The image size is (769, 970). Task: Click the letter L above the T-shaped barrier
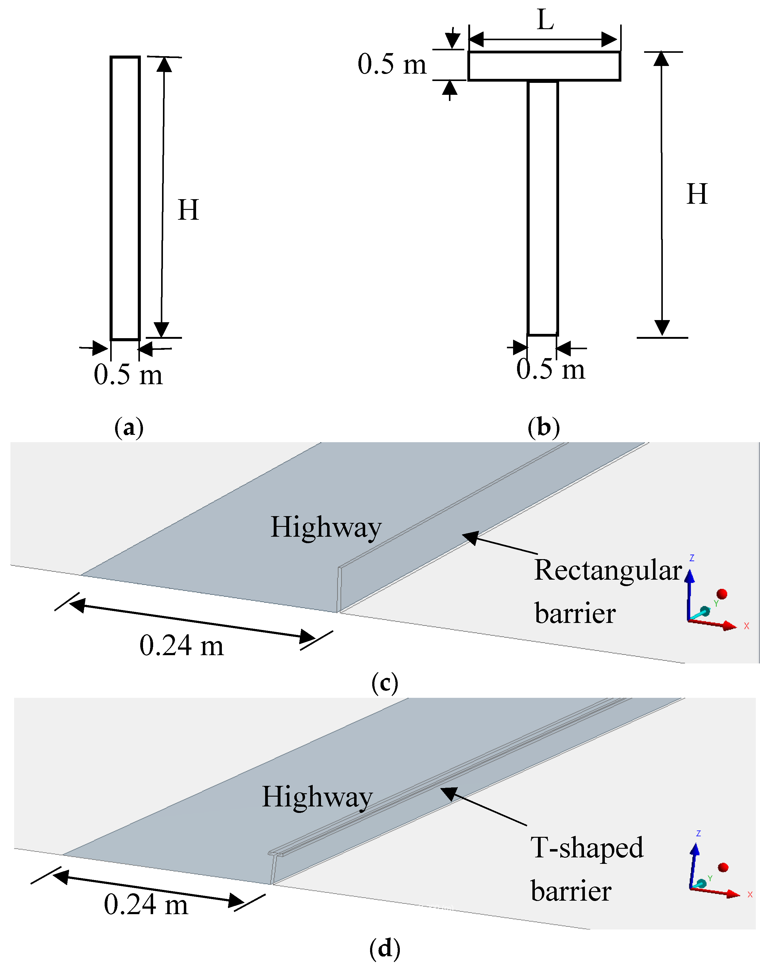coord(545,20)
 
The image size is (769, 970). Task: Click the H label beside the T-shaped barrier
coord(697,194)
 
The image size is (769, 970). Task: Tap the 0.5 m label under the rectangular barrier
coord(128,374)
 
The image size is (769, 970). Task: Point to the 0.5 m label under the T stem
coord(550,369)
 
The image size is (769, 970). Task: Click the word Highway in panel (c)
coord(326,527)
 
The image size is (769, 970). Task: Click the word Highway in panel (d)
coord(317,797)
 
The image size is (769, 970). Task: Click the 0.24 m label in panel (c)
coord(181,646)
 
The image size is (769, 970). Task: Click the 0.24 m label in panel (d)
coord(145,904)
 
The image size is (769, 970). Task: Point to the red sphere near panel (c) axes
coord(722,594)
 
